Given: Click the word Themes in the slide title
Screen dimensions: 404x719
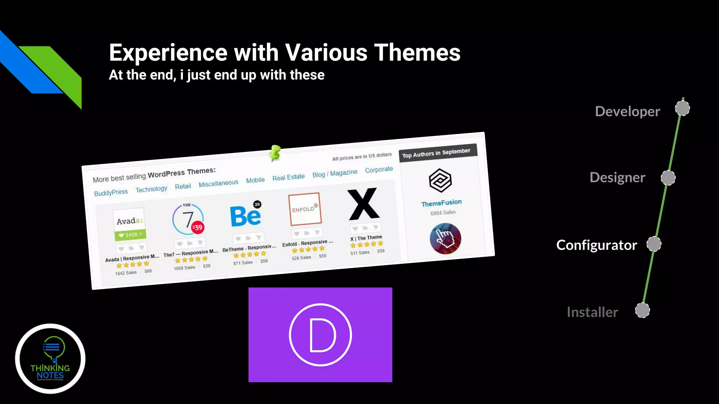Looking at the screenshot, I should point(417,53).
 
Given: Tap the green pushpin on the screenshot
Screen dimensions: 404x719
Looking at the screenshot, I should point(275,153).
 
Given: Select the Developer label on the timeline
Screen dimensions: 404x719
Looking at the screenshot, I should point(627,112).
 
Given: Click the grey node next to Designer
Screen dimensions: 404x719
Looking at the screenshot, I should point(668,178).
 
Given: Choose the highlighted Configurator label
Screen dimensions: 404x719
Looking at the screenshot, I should point(596,245).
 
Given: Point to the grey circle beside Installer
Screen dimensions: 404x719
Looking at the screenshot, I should point(642,310).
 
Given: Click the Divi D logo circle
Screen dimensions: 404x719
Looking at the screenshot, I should point(320,335).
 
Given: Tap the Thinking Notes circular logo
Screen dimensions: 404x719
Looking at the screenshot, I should point(50,358).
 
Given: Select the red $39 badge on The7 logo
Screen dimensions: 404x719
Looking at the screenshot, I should point(197,227).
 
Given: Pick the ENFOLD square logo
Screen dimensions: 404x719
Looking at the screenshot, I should point(304,209).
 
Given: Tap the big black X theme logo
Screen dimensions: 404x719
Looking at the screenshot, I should point(363,204).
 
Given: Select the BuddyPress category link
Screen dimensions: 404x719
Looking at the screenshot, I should point(111,193).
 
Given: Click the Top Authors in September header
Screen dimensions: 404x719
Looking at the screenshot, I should point(436,153).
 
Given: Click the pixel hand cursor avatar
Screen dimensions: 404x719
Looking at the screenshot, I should point(445,239).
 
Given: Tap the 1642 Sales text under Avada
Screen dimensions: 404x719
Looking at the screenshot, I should point(126,273).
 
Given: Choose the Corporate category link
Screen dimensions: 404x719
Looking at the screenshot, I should point(379,170).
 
